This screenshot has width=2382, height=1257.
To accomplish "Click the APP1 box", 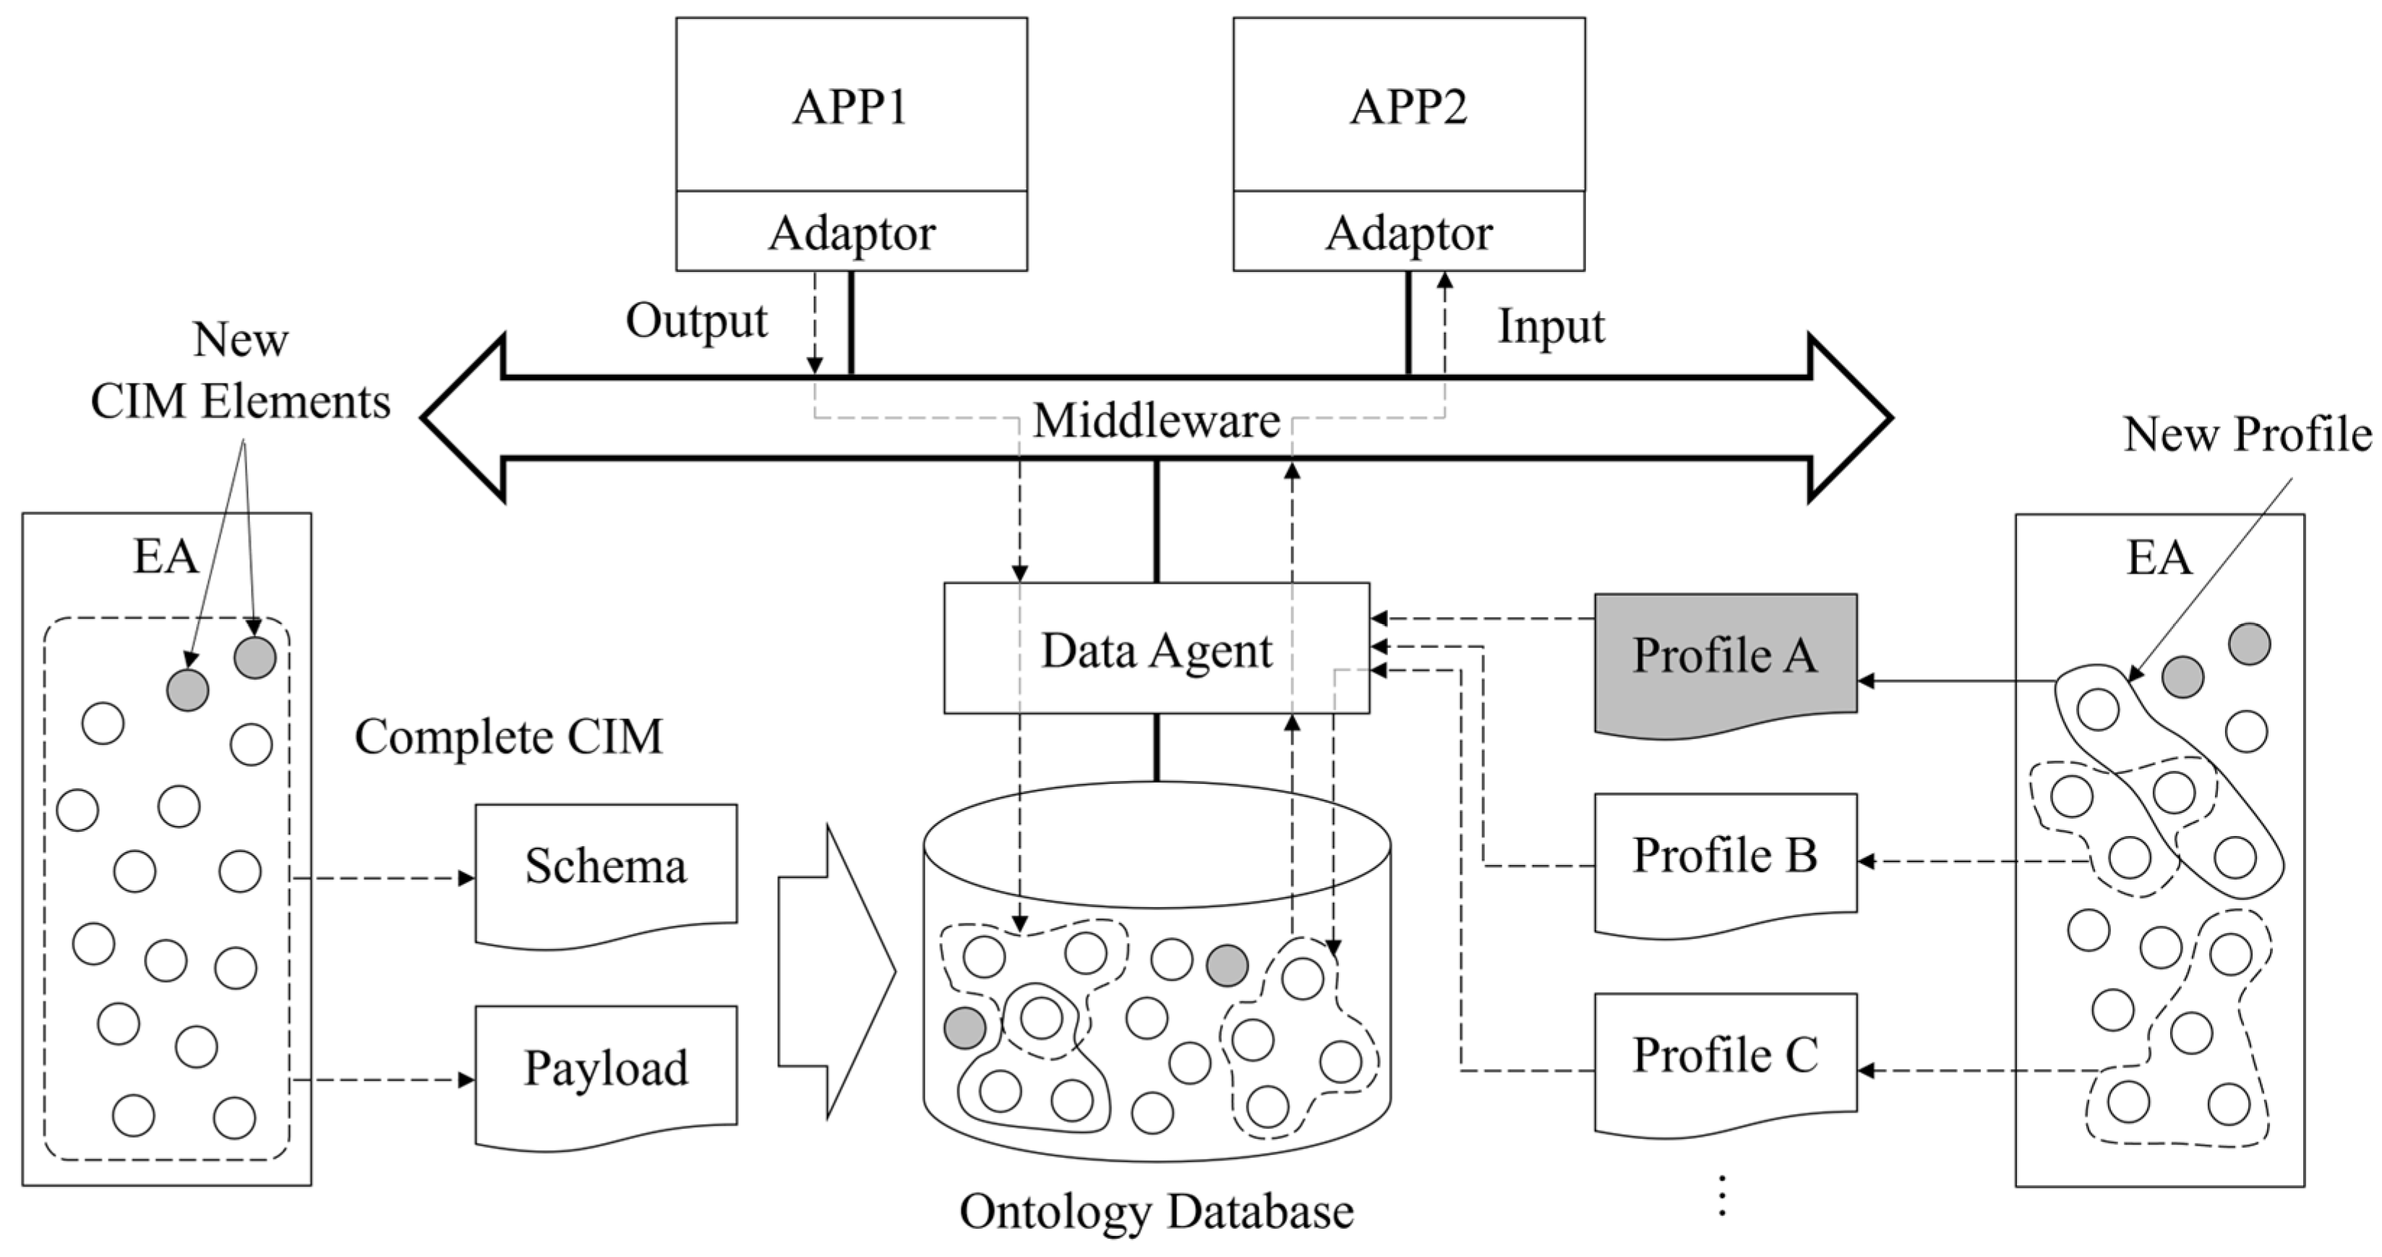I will point(851,106).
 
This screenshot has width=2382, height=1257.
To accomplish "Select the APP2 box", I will point(1408,106).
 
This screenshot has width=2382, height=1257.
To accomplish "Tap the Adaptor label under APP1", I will point(851,233).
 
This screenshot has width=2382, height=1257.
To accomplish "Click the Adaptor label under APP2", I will point(1408,233).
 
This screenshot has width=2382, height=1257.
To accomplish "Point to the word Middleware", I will point(1156,422).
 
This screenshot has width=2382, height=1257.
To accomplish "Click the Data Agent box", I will point(1156,649).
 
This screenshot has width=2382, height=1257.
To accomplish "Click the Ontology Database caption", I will point(1156,1211).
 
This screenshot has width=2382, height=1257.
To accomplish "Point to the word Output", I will point(696,322).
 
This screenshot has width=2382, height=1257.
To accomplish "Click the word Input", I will point(1551,326).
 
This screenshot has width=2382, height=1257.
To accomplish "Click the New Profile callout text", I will point(2247,433).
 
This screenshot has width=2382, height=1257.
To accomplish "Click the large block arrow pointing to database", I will point(832,971).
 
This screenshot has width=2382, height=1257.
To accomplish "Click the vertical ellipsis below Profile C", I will point(1722,1196).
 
